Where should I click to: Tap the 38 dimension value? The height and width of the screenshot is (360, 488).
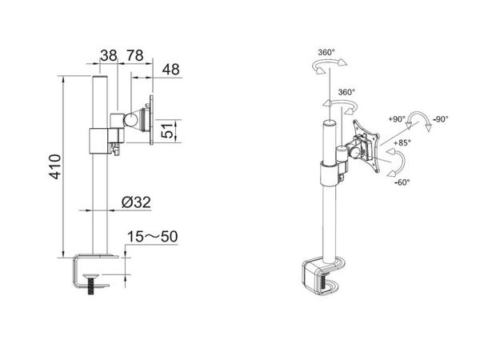(108, 56)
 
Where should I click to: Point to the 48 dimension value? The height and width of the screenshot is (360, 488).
(171, 70)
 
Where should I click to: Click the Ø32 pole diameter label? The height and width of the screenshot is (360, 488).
(138, 204)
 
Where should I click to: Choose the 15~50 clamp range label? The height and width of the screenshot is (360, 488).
(152, 238)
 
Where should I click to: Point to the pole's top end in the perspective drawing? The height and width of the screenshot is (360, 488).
(327, 125)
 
